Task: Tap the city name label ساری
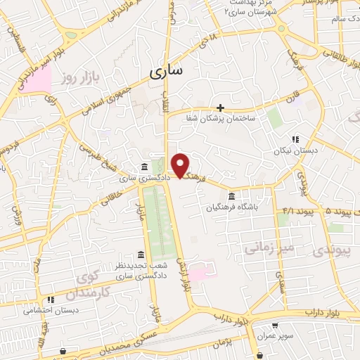pos(167,70)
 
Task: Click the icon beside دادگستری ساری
pos(144,167)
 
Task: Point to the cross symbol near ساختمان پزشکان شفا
pos(221,108)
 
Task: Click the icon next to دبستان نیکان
pos(295,139)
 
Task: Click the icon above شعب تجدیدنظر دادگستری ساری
pos(141,255)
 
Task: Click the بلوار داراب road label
pos(325,311)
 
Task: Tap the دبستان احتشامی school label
pos(50,309)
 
